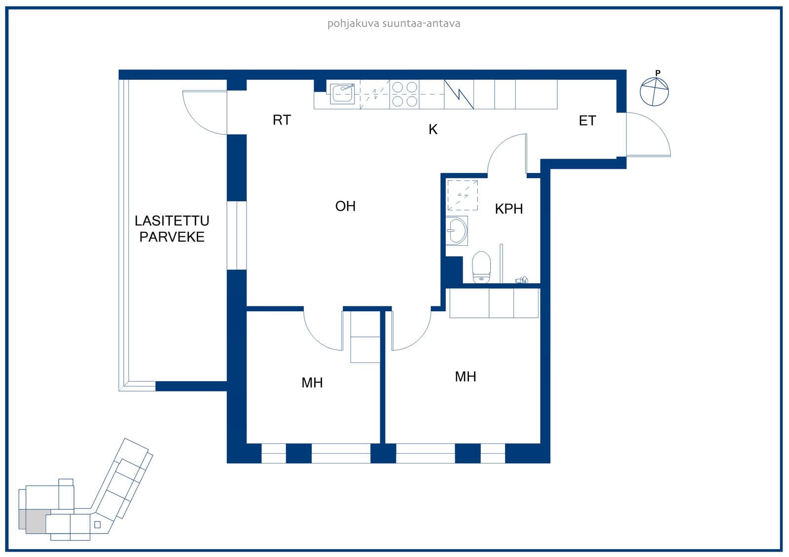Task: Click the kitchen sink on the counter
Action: tap(342, 94)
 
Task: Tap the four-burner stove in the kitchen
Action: tap(404, 94)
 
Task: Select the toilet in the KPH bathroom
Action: tap(481, 267)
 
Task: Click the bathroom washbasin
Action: tap(457, 231)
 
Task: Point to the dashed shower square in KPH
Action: tap(463, 196)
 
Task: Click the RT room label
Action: tap(282, 120)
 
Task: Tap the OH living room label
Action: tap(345, 206)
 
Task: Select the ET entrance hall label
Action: tap(587, 121)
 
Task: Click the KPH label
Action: tap(508, 209)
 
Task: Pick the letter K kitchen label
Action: tap(433, 130)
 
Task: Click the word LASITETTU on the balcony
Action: tap(172, 221)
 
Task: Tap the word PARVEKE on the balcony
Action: tap(172, 237)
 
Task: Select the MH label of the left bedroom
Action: tap(312, 383)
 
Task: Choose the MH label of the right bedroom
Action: tap(466, 376)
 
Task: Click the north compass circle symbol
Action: tap(654, 92)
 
